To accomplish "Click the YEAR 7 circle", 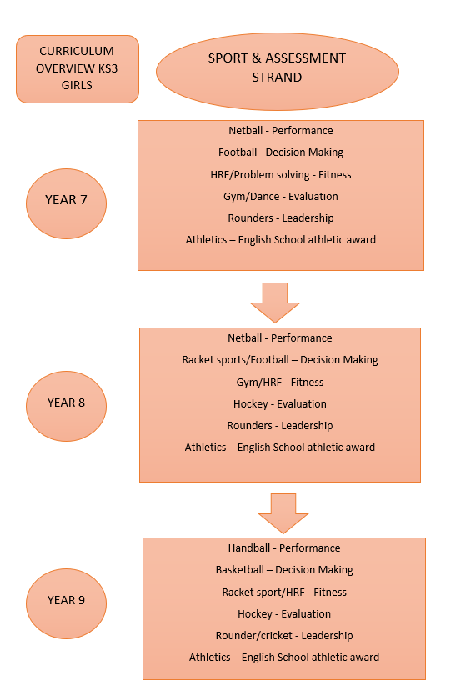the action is tap(66, 203).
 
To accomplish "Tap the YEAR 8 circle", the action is tap(66, 406).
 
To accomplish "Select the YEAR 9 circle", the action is tap(66, 603).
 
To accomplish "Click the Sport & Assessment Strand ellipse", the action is tap(278, 72).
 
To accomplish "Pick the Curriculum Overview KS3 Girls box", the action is tap(78, 69).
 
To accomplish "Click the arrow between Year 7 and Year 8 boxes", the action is tap(275, 303).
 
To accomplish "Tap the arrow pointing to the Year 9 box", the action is tap(283, 513).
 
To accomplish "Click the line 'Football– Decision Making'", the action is tap(281, 153).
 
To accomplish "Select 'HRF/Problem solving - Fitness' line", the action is tap(281, 175).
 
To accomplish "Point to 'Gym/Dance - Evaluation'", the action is tap(281, 197).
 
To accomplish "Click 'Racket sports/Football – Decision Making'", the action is tap(280, 360).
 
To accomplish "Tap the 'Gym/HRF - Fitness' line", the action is tap(280, 383).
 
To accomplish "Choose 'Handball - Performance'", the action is tap(284, 548).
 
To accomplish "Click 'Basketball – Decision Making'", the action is tap(284, 570).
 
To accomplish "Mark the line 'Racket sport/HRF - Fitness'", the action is tap(284, 593).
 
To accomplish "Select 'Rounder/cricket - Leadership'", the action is tap(284, 636).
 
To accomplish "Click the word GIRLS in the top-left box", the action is tap(77, 85).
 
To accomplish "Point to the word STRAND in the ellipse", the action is tap(277, 78).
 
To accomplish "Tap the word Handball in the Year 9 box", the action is tap(249, 548).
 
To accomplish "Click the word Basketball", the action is tap(240, 570).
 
